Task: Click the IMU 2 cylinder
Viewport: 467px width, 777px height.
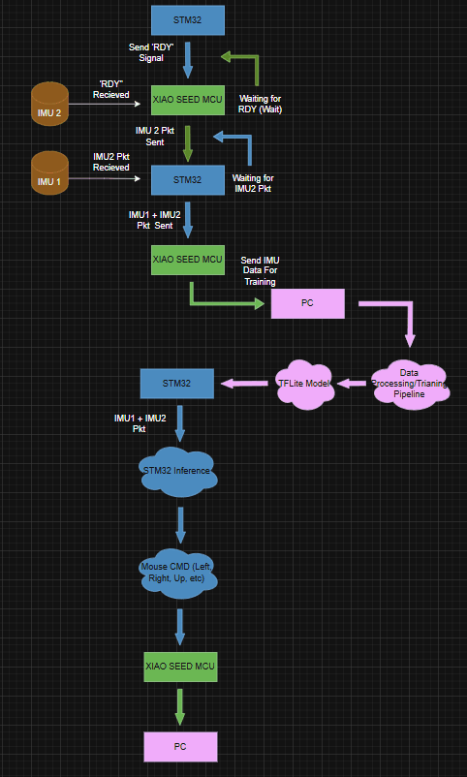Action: coord(49,104)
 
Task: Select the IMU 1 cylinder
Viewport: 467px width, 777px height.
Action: coord(49,173)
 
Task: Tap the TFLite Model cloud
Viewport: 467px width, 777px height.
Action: coord(305,383)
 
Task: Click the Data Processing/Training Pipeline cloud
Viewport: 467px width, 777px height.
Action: coord(410,384)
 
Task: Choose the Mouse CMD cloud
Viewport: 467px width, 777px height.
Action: coord(179,573)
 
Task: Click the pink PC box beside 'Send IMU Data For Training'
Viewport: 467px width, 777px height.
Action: coord(307,304)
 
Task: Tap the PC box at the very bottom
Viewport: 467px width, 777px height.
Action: coord(180,747)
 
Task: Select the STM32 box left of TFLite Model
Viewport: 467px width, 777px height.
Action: coord(177,384)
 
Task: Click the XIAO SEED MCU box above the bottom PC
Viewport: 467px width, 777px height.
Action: coord(180,667)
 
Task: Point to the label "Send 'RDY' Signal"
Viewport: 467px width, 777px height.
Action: coord(151,52)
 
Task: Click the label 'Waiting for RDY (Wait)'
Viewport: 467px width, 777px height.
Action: coord(261,105)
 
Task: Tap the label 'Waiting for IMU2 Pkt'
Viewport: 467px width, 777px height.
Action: coord(253,183)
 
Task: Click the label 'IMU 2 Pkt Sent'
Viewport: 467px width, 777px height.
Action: coord(155,137)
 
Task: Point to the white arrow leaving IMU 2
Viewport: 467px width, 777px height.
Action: coord(105,104)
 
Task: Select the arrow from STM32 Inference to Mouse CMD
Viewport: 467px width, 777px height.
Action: coord(180,525)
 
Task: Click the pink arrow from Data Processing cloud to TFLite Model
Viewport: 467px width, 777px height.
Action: coord(352,383)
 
